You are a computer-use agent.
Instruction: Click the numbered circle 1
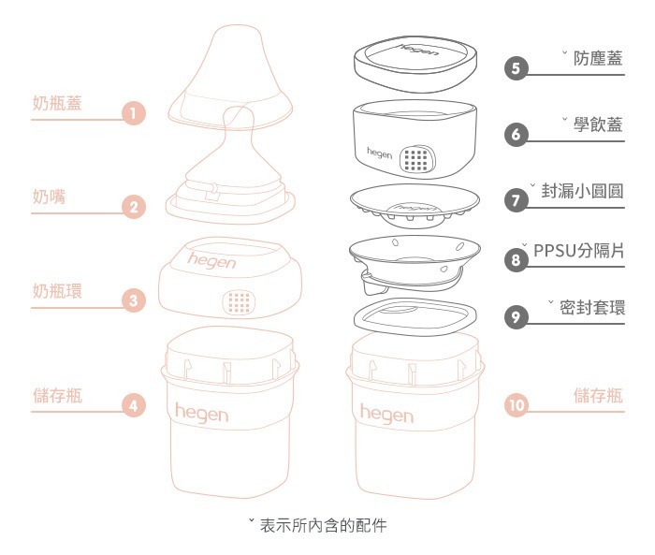135,115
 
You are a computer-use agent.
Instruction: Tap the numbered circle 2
135,209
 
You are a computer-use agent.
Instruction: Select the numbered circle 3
135,301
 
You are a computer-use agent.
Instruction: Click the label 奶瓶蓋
57,103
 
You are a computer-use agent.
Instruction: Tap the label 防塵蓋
598,58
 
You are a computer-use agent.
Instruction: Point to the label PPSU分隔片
579,251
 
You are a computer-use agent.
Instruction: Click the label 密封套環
592,307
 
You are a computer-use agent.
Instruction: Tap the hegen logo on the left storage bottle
200,412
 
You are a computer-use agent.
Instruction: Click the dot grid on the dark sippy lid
415,160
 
